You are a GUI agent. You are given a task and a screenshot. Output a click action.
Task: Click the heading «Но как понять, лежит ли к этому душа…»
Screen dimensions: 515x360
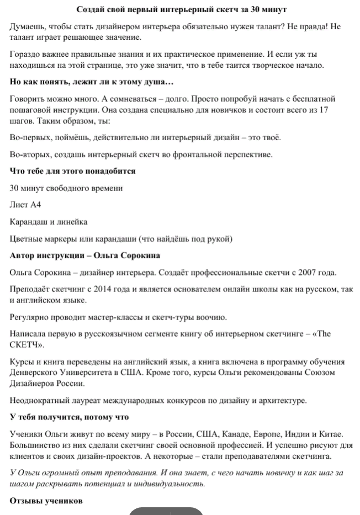click(x=92, y=82)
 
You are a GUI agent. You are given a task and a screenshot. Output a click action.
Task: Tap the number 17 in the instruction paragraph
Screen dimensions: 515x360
click(x=324, y=110)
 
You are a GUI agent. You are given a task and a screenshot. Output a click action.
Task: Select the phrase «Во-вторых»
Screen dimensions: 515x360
click(x=29, y=154)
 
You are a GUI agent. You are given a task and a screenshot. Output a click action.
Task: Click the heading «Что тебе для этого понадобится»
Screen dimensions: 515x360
click(x=73, y=171)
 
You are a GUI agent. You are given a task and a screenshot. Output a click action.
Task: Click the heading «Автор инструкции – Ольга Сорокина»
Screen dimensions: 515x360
click(x=85, y=256)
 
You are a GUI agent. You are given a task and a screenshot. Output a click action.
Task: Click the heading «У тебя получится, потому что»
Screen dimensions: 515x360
click(x=69, y=417)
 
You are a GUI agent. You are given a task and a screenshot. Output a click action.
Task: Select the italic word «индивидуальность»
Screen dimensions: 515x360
click(x=170, y=484)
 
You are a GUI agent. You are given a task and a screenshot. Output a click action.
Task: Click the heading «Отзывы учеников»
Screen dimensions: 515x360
click(x=46, y=501)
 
